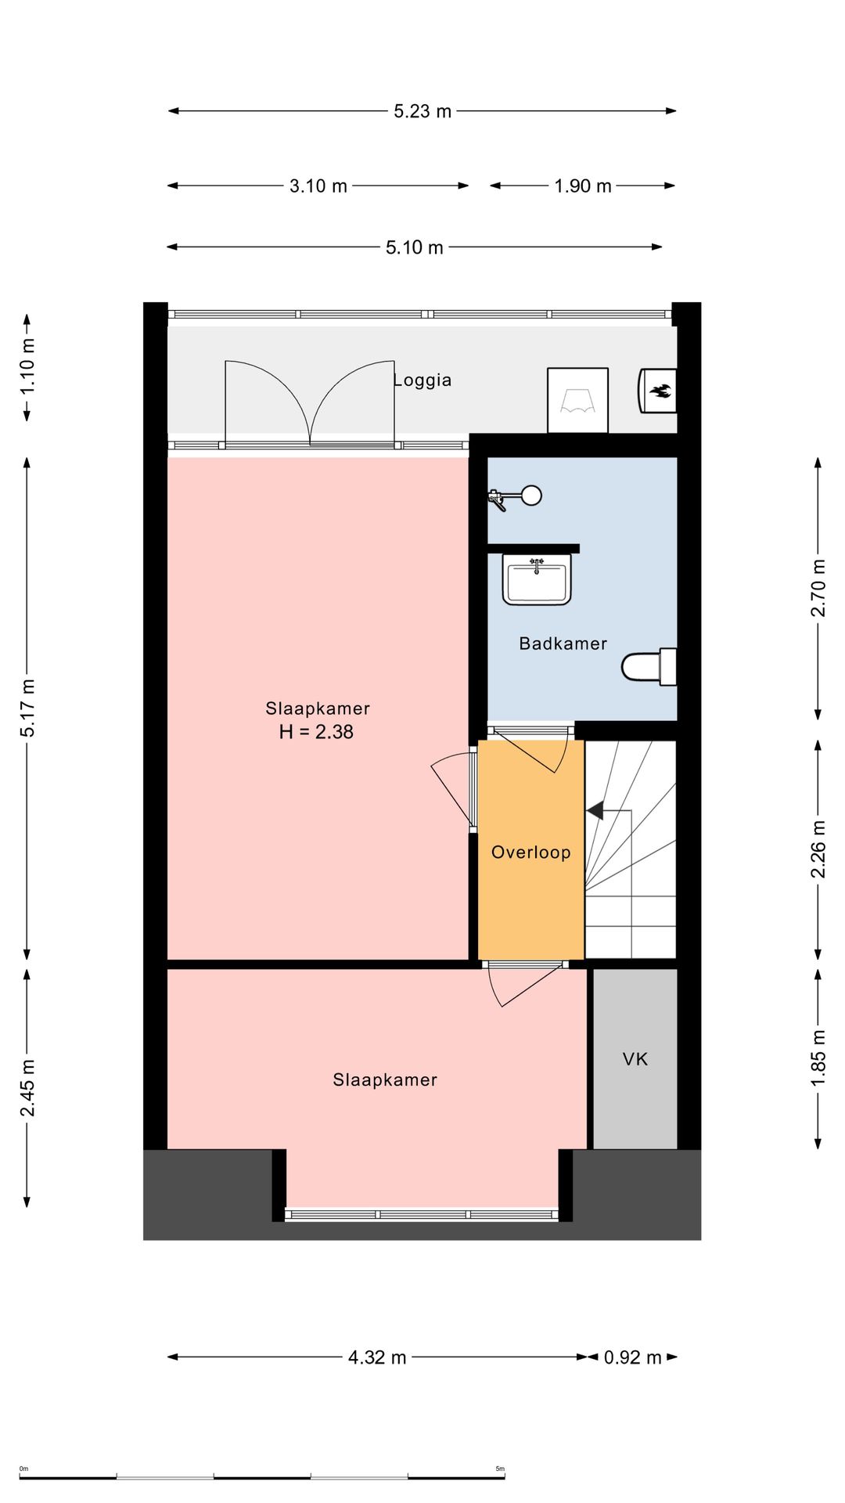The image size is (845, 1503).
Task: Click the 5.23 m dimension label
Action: (422, 111)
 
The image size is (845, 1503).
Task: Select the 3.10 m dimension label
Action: (318, 186)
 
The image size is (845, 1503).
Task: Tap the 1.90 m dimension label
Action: (583, 186)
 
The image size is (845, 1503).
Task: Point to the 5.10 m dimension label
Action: (415, 247)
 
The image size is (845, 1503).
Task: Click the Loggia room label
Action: (422, 380)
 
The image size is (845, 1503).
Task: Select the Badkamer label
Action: (563, 643)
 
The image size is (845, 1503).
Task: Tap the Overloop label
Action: (531, 852)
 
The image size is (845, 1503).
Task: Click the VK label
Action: (635, 1059)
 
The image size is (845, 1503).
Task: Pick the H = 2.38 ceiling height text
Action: (317, 732)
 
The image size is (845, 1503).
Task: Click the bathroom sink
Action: (537, 580)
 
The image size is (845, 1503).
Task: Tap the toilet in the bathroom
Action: (649, 667)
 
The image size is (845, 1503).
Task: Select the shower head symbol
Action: (516, 496)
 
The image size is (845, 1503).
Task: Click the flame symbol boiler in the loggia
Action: (658, 390)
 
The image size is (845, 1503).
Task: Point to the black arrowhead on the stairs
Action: (595, 811)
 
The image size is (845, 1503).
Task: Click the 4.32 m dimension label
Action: (377, 1357)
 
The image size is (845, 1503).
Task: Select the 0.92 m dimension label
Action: (633, 1357)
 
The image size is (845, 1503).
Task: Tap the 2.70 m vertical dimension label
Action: (818, 588)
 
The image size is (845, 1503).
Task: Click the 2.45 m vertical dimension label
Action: (27, 1088)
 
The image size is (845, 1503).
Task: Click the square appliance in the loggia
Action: (578, 400)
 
